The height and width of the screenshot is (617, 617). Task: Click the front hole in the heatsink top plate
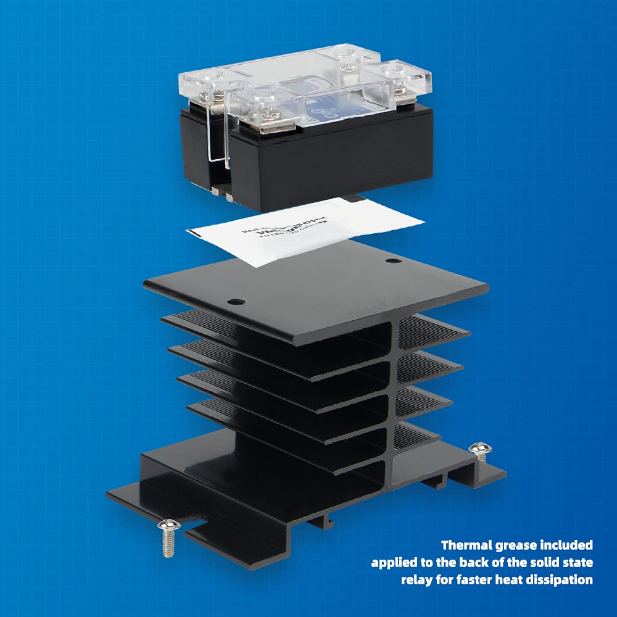point(233,302)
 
